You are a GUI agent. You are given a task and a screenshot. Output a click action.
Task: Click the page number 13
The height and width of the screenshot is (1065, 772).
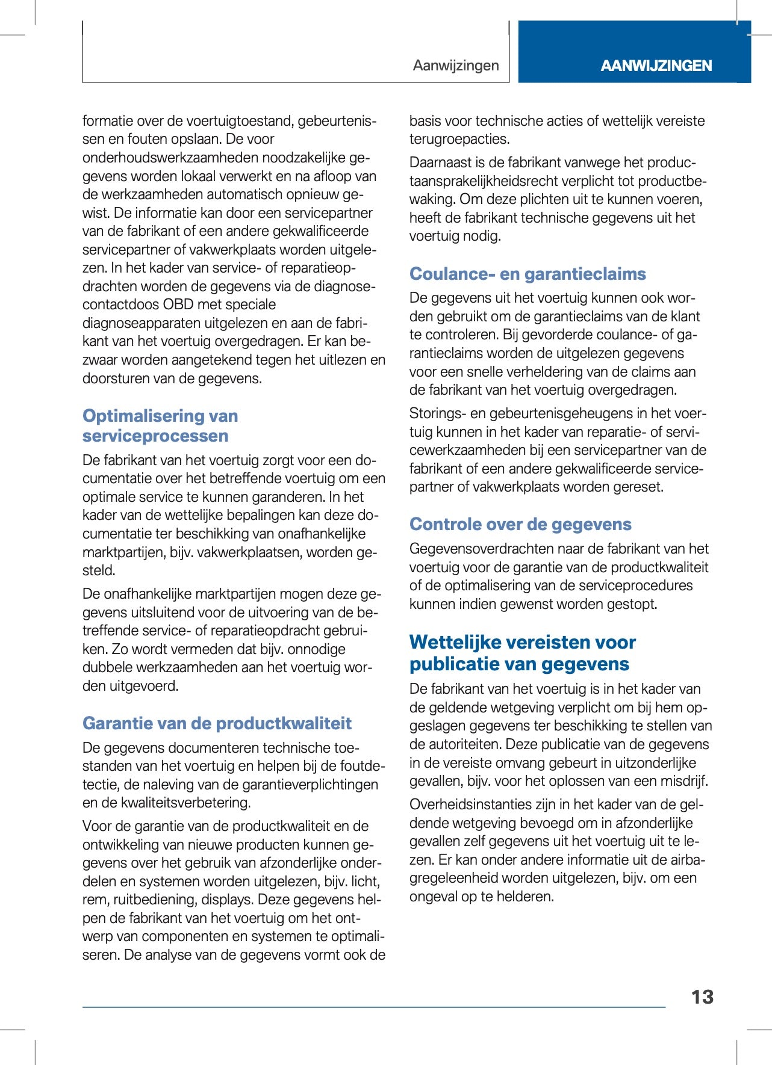pos(702,997)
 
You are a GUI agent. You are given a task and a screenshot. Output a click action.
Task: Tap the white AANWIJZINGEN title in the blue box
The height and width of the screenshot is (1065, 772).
pos(656,66)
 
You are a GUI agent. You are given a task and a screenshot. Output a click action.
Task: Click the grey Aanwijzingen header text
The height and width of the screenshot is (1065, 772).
pos(456,66)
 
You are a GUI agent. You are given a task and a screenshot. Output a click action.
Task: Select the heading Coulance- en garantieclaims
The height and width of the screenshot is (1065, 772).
pos(528,274)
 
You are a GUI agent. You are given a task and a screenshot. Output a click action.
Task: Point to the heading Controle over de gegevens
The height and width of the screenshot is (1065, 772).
pos(520,524)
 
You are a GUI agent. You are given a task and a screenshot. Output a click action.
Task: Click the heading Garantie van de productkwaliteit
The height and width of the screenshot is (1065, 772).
pos(217,723)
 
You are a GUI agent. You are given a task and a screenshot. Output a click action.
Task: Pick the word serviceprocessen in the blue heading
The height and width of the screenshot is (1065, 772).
pos(155,436)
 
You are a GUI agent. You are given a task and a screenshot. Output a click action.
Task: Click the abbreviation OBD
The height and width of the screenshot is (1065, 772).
pos(178,304)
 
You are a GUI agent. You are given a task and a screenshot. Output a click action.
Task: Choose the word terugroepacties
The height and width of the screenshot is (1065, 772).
pos(459,139)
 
